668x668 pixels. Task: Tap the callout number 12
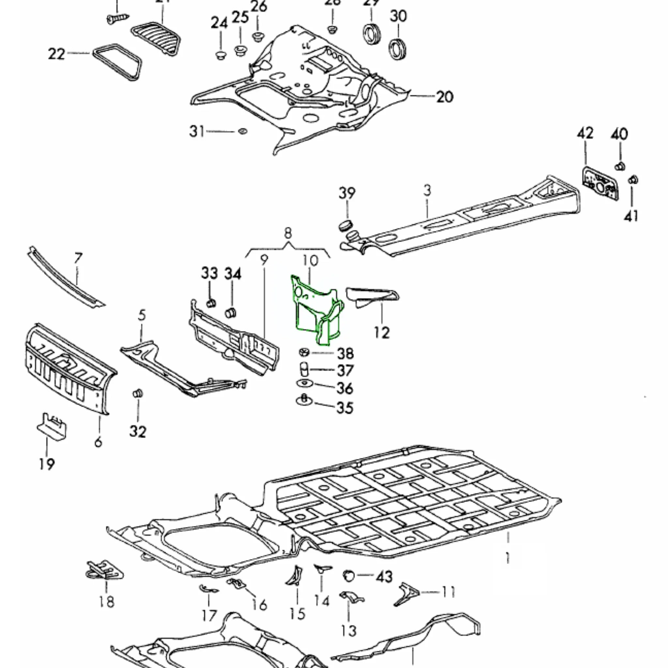coord(382,333)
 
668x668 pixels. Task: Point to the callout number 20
coord(445,97)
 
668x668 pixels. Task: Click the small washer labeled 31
coord(243,131)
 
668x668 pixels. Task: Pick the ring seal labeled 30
coord(398,49)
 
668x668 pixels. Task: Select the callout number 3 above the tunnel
coord(428,190)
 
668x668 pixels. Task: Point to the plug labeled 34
coord(230,312)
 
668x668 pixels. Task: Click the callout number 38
coord(345,353)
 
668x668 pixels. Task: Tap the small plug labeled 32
coord(138,393)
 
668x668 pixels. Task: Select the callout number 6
coord(98,442)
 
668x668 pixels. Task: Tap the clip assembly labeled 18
coord(104,572)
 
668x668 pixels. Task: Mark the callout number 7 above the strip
coord(78,258)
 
